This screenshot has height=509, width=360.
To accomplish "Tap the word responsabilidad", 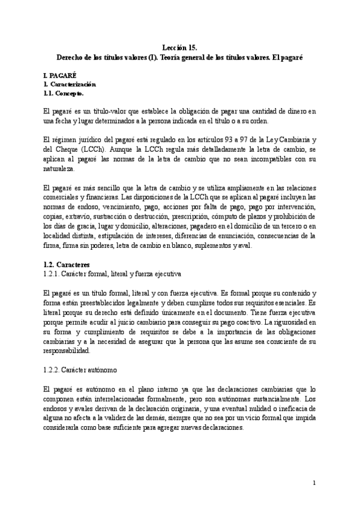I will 69,351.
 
